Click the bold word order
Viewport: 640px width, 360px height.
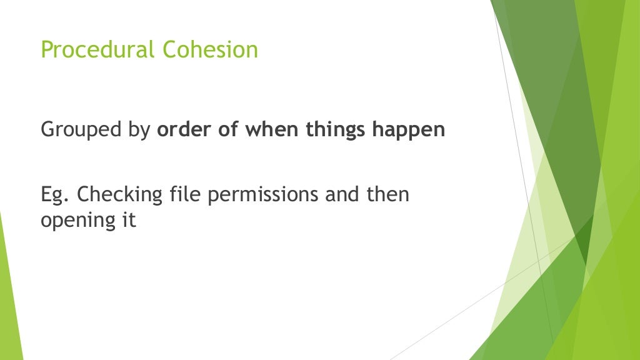(x=179, y=130)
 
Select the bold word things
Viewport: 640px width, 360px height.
(x=336, y=130)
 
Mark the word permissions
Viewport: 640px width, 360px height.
(x=262, y=195)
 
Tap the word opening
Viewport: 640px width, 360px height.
(x=76, y=221)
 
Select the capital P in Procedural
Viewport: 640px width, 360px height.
(x=46, y=49)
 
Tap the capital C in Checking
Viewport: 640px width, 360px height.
(x=84, y=194)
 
